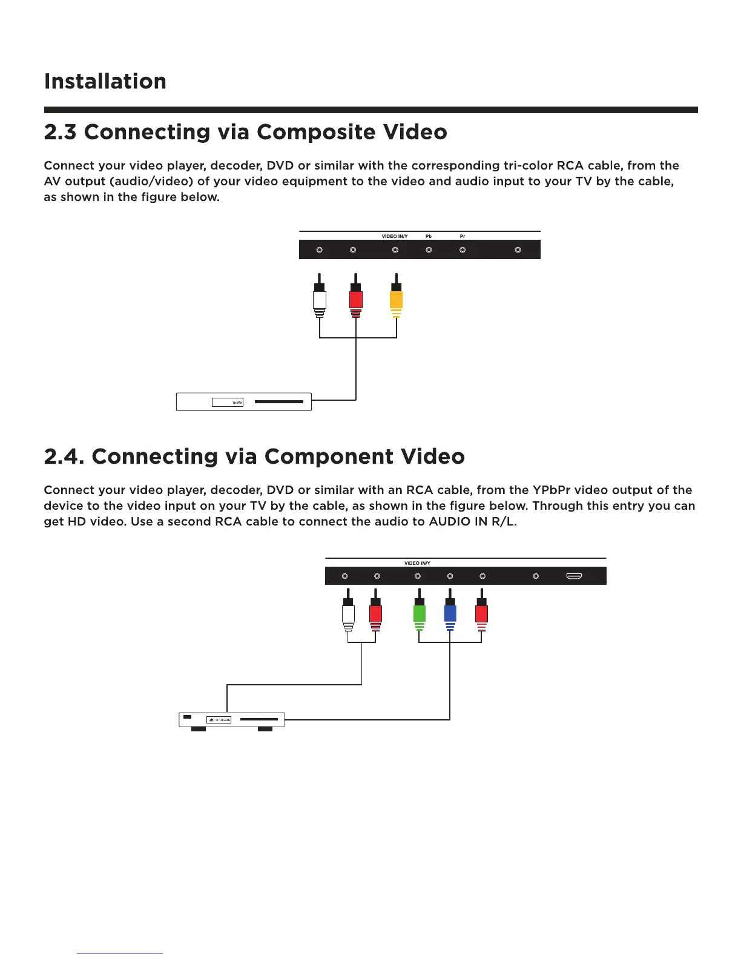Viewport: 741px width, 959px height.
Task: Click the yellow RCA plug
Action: pyautogui.click(x=396, y=300)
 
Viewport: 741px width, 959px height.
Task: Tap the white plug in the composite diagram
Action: pyautogui.click(x=320, y=300)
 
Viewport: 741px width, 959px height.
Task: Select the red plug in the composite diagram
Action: pyautogui.click(x=356, y=300)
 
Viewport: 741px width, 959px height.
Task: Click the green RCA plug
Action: pyautogui.click(x=419, y=614)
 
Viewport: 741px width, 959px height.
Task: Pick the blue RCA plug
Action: pyautogui.click(x=450, y=614)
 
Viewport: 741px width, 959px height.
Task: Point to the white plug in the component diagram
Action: pyautogui.click(x=348, y=614)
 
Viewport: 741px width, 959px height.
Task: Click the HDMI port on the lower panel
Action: pyautogui.click(x=574, y=576)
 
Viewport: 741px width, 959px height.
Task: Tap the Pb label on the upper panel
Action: pyautogui.click(x=429, y=236)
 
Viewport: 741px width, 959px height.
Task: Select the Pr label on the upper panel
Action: pyautogui.click(x=463, y=236)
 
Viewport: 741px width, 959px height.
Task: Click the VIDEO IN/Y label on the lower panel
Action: pyautogui.click(x=417, y=563)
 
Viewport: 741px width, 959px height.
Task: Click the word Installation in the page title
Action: pyautogui.click(x=105, y=81)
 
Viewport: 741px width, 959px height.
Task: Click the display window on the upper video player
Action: pyautogui.click(x=228, y=402)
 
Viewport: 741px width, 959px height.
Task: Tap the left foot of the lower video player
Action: pyautogui.click(x=199, y=729)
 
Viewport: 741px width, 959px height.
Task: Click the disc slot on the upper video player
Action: pyautogui.click(x=278, y=401)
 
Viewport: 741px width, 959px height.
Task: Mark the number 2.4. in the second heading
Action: pyautogui.click(x=64, y=456)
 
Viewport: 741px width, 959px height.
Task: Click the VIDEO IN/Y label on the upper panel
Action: pyautogui.click(x=395, y=236)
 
